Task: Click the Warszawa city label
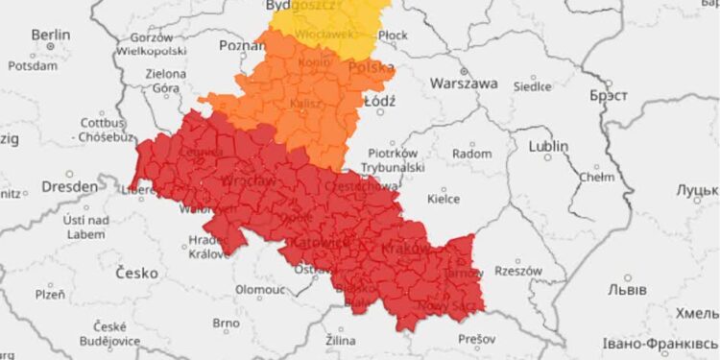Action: (x=464, y=84)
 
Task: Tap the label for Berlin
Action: (x=50, y=35)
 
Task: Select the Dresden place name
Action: (x=69, y=185)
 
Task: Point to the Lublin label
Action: (x=548, y=146)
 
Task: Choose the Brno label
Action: (x=225, y=323)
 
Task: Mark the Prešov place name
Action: (x=476, y=339)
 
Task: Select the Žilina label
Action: (x=340, y=341)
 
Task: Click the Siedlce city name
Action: (x=532, y=84)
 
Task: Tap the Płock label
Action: (x=393, y=35)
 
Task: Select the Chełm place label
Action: (x=596, y=177)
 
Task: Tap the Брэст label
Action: (x=607, y=95)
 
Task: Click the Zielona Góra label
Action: (x=166, y=80)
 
